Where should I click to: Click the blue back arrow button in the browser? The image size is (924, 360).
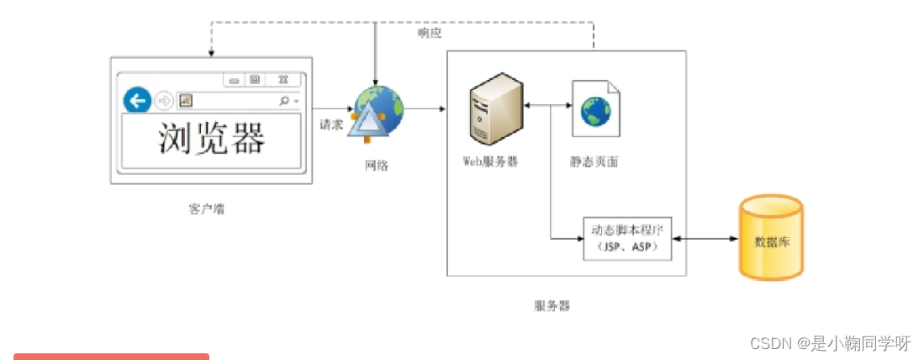click(x=136, y=101)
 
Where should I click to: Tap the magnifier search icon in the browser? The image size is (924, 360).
click(x=284, y=101)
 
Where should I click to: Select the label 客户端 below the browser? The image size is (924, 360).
click(x=207, y=209)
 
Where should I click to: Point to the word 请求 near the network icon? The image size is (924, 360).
click(x=330, y=124)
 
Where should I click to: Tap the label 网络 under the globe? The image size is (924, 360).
click(x=377, y=166)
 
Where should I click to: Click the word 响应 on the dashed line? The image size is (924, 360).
click(x=430, y=33)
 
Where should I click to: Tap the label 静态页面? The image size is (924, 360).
click(x=594, y=161)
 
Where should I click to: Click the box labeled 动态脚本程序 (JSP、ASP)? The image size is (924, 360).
click(x=627, y=239)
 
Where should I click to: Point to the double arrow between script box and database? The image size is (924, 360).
click(x=705, y=240)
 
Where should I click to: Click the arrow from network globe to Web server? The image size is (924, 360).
click(x=425, y=109)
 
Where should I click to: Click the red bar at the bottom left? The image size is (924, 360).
click(x=111, y=356)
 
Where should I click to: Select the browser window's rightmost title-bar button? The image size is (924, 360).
click(x=282, y=80)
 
